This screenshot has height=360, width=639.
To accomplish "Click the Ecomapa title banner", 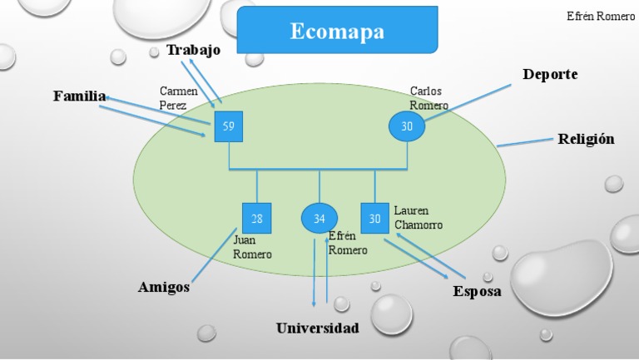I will (337, 32).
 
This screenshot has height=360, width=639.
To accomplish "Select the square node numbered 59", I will (228, 126).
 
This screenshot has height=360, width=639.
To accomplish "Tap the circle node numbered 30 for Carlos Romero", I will (407, 126).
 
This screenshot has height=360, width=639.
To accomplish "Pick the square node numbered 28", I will (256, 218).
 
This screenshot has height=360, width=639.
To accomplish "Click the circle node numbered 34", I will (319, 218).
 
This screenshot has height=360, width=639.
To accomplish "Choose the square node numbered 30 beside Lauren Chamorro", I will (375, 218).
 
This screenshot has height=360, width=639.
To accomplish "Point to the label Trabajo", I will (193, 50).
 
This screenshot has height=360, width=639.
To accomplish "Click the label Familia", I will (80, 96).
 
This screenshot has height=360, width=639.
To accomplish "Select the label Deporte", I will (550, 75).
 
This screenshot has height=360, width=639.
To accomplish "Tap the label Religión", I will (586, 139).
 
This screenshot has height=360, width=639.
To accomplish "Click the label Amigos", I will (164, 288).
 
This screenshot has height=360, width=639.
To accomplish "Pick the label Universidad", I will (318, 328).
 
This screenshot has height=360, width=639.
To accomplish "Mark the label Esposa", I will (477, 292).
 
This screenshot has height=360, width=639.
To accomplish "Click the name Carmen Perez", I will (179, 98).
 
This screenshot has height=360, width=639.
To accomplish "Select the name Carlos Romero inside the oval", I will (428, 98).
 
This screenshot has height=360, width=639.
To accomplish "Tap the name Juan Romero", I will (252, 248).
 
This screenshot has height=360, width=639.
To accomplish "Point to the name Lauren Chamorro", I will (418, 218).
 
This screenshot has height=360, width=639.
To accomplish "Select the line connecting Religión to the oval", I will (524, 142).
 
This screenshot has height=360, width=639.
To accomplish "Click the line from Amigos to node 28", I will (218, 257).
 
